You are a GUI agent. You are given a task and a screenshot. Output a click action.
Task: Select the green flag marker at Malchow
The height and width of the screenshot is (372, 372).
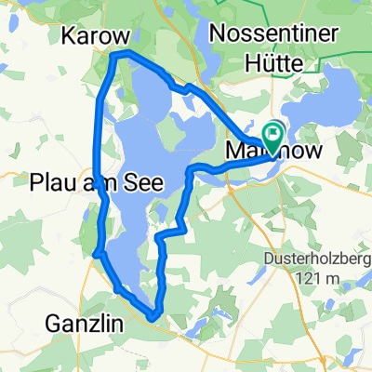[272, 134]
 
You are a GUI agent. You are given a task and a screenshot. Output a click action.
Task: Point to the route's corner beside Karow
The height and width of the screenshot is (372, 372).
[113, 58]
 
